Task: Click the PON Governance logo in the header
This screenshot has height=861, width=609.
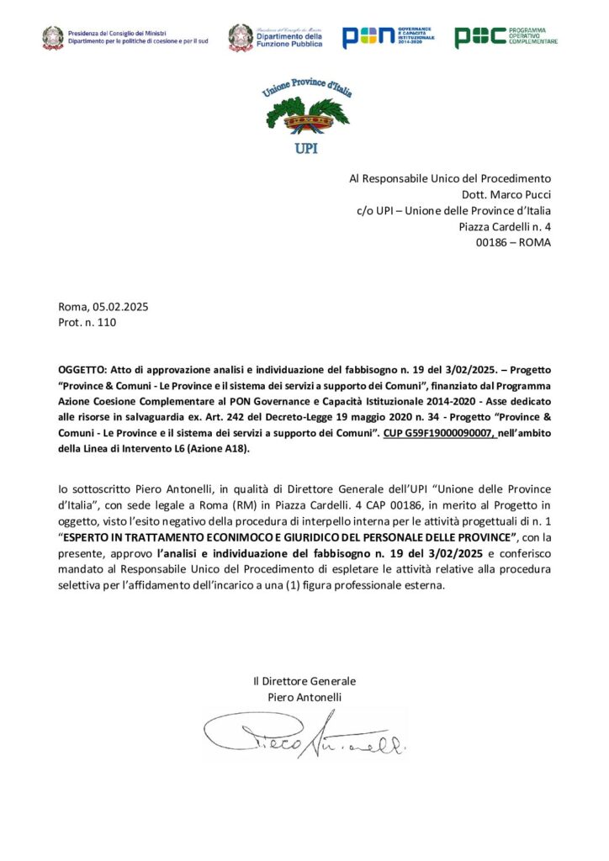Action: pos(388,37)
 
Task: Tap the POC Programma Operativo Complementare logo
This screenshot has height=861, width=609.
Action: pos(506,37)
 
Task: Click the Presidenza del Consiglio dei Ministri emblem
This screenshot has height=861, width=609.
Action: pos(53,37)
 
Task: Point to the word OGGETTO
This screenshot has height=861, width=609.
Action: pos(82,369)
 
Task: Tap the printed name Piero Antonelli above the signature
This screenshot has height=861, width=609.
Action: pos(304,697)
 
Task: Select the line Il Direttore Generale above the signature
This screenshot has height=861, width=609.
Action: pos(304,681)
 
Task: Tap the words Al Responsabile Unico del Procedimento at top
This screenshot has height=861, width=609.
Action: pos(449,178)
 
